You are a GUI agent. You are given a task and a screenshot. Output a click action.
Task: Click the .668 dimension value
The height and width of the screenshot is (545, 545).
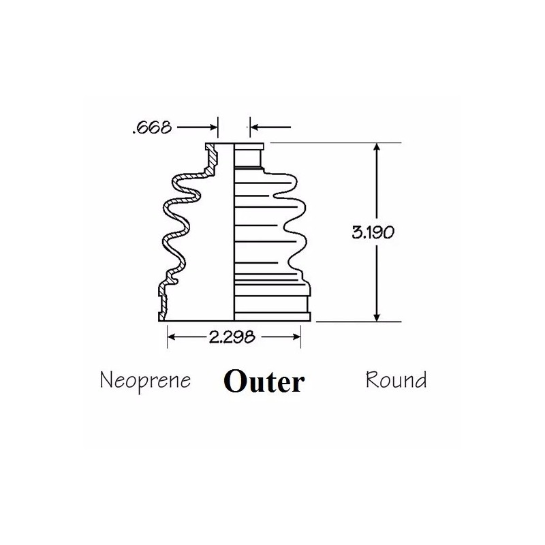[152, 127]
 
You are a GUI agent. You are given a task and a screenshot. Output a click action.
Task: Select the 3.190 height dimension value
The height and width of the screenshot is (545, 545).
[373, 232]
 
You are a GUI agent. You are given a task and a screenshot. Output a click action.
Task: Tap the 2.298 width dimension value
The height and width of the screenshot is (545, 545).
[232, 337]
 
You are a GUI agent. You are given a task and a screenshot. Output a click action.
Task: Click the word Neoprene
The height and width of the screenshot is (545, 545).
[145, 381]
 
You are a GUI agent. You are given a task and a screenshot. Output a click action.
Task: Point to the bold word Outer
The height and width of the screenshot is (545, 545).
[264, 381]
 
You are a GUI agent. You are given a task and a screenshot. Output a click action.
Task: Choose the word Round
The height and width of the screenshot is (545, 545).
[396, 379]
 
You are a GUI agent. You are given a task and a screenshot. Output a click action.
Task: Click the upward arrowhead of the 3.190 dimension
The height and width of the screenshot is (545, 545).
[377, 149]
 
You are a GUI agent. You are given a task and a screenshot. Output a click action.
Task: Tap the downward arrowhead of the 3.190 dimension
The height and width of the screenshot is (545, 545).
[377, 316]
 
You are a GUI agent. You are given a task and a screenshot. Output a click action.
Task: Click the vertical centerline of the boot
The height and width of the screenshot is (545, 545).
[234, 232]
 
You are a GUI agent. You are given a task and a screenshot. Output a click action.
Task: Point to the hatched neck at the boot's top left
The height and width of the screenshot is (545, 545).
[211, 159]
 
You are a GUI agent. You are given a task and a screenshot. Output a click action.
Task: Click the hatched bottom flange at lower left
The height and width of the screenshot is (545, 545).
[163, 302]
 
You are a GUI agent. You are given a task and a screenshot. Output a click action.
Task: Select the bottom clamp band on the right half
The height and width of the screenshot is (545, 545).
[272, 316]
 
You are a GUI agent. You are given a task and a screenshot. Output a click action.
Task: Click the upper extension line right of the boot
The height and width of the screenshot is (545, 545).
[336, 143]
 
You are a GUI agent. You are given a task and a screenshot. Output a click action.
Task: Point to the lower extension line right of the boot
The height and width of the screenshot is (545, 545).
[359, 322]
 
